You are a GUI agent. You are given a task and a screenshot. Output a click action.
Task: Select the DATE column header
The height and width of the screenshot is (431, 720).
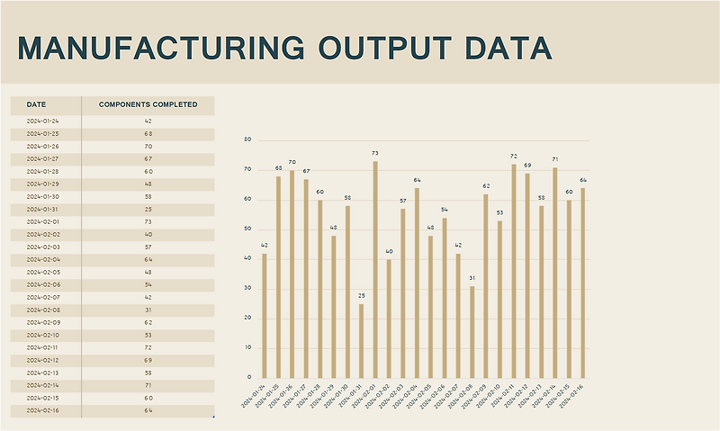(37, 104)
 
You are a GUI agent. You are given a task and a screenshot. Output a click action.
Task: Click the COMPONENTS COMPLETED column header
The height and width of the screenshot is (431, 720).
(148, 104)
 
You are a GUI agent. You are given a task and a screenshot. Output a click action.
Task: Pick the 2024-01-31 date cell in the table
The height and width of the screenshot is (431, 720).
(43, 209)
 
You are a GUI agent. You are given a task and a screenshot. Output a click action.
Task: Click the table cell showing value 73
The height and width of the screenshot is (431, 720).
(148, 221)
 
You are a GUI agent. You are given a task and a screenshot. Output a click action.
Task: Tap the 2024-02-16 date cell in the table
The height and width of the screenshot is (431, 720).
(43, 410)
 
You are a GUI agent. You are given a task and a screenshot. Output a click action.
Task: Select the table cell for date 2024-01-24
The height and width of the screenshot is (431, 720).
(43, 121)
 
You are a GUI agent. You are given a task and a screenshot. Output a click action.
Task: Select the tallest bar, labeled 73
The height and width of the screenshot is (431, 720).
(375, 270)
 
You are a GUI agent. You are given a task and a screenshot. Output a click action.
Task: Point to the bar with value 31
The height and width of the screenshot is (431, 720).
(472, 331)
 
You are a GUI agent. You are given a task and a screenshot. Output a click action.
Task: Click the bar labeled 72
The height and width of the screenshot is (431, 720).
(514, 271)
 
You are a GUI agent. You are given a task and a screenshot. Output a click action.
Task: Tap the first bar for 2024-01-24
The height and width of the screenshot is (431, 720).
(265, 315)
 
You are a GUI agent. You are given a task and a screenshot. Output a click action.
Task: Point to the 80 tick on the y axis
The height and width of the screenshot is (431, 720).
(247, 140)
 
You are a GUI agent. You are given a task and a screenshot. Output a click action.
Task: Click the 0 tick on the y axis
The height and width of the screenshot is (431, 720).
(249, 377)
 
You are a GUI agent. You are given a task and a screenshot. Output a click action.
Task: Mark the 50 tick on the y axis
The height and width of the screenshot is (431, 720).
(247, 229)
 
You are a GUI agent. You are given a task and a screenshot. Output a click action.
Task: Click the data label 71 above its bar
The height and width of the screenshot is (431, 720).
(555, 159)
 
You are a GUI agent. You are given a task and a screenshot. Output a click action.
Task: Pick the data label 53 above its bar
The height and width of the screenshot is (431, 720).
(499, 212)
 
